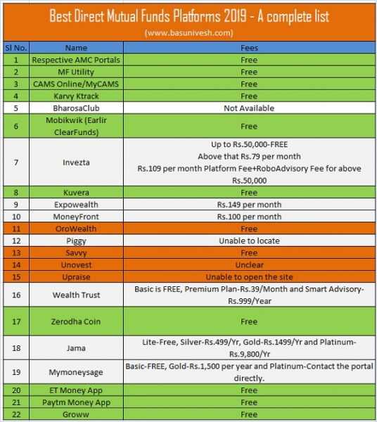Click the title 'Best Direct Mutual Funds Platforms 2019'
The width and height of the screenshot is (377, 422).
click(188, 15)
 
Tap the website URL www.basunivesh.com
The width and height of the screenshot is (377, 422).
click(188, 33)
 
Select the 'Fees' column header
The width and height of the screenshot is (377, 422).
click(248, 48)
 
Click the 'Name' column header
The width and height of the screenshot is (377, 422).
click(76, 48)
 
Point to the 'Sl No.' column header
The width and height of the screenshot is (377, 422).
click(15, 48)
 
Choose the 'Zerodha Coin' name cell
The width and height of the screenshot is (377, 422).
click(76, 321)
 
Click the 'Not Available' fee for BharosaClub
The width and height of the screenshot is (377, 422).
click(248, 108)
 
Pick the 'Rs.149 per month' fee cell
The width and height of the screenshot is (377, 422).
click(248, 204)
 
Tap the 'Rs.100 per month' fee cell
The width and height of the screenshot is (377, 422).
click(248, 217)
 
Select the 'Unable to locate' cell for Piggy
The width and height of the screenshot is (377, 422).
click(248, 241)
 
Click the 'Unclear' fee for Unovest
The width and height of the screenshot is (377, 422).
click(248, 265)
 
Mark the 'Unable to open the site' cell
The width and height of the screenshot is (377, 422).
click(248, 277)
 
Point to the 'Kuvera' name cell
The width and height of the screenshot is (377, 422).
click(76, 192)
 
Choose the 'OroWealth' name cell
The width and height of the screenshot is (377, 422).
click(76, 229)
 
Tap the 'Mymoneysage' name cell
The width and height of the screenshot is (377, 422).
click(76, 372)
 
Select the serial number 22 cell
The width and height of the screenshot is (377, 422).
click(15, 414)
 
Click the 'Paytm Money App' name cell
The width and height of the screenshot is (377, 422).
click(76, 402)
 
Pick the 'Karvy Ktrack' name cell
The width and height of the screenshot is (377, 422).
click(76, 96)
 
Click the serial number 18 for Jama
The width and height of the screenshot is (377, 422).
click(15, 347)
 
